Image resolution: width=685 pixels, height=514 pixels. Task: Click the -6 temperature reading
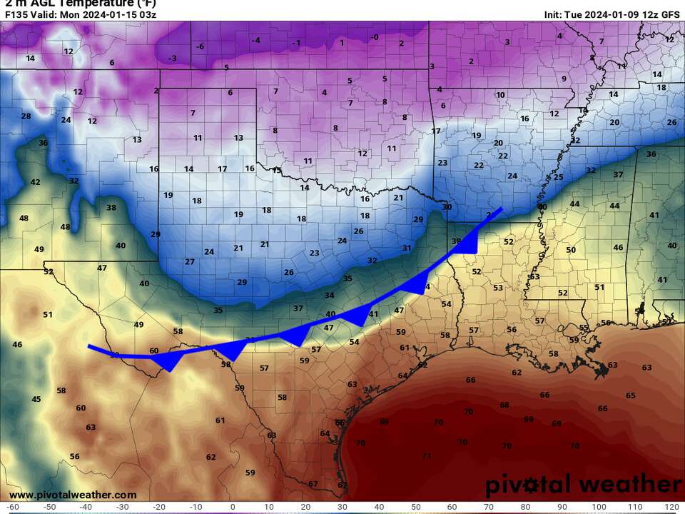(x=201, y=46)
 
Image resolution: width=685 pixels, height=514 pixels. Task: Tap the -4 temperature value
(x=255, y=40)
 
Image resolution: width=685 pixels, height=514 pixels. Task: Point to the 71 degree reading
(x=427, y=455)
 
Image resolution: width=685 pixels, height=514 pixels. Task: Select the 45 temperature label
(x=36, y=399)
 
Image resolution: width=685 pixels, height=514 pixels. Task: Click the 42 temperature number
(x=35, y=182)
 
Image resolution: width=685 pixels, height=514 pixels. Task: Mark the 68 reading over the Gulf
(x=504, y=405)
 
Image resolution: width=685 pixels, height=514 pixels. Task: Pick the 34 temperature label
(x=329, y=295)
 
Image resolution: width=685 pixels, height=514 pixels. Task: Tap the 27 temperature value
(x=190, y=262)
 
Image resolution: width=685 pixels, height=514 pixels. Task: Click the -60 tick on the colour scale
(x=13, y=506)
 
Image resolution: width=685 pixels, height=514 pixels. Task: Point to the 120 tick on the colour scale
(x=671, y=506)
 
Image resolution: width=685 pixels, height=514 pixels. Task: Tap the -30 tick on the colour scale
(x=123, y=506)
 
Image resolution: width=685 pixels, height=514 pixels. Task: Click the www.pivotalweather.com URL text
(x=73, y=495)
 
